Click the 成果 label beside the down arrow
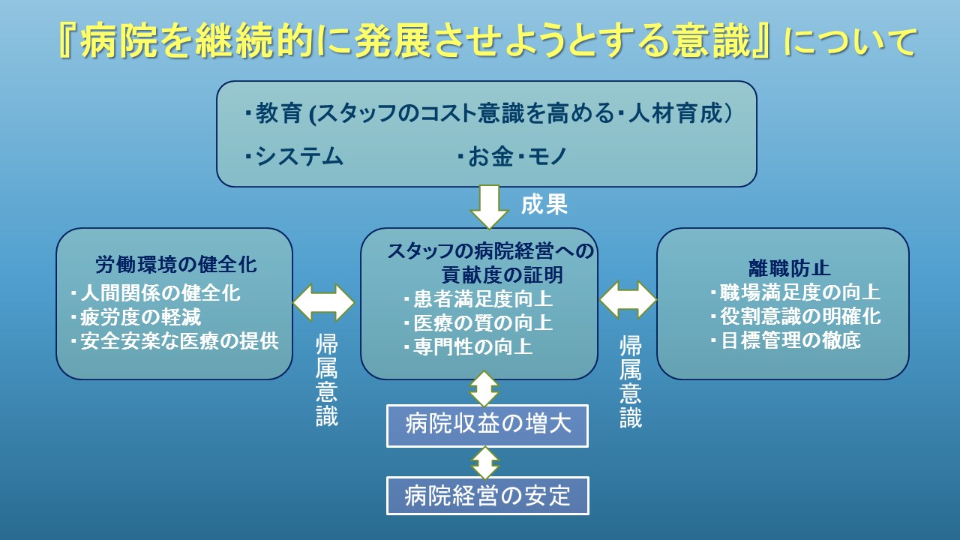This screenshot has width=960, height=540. (x=544, y=205)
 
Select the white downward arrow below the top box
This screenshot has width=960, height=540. (x=489, y=207)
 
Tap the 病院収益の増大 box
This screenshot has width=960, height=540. (x=487, y=426)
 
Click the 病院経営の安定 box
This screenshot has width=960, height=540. (x=487, y=496)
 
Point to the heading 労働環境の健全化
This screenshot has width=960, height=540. (x=176, y=265)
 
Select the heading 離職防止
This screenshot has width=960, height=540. (x=790, y=268)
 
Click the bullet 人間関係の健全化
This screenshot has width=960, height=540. (x=155, y=293)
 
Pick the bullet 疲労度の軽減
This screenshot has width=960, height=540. (x=136, y=317)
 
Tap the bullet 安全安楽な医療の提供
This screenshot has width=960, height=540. (x=175, y=341)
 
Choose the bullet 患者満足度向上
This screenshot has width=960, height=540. (x=478, y=298)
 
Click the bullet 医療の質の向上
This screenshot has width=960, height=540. (x=478, y=322)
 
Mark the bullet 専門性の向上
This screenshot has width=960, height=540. (x=468, y=346)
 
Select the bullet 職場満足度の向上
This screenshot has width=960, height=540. (x=796, y=292)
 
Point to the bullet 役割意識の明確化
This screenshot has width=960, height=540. (x=796, y=316)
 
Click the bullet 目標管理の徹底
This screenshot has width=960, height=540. (x=785, y=340)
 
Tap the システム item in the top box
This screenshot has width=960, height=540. (x=294, y=156)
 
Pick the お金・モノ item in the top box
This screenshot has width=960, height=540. (x=512, y=156)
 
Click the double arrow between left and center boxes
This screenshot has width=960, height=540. (x=323, y=302)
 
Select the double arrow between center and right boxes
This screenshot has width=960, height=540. (x=628, y=299)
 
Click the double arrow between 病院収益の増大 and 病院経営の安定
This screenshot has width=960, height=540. (x=485, y=463)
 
